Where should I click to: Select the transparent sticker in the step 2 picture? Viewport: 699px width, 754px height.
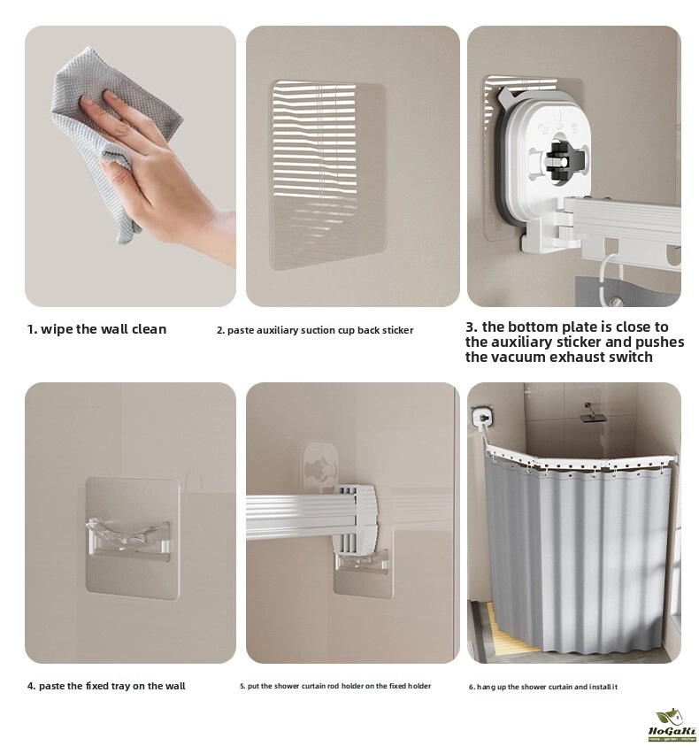329,175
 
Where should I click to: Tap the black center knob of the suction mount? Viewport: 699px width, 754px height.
557,158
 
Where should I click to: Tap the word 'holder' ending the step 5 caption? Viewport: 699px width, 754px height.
420,686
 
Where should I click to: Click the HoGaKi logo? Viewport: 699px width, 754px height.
672,725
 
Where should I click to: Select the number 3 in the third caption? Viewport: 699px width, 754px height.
470,327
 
